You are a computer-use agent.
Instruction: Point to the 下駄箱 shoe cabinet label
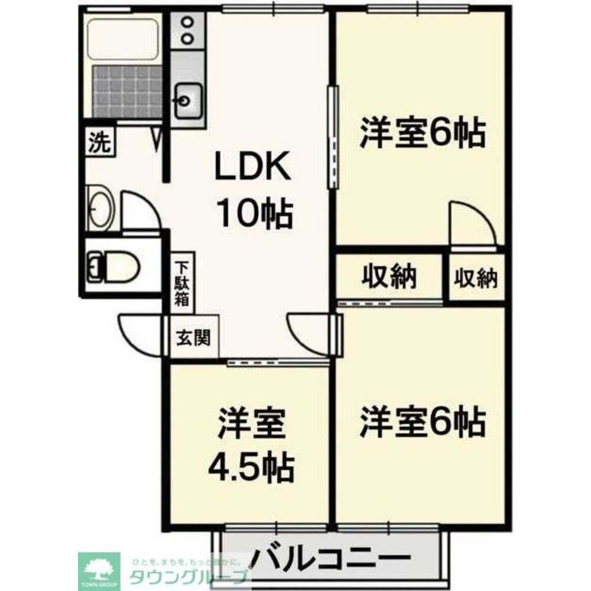click(x=182, y=283)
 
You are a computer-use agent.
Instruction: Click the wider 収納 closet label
click(x=389, y=277)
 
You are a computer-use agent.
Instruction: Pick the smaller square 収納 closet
click(x=476, y=278)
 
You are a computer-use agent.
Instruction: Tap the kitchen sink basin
click(x=188, y=100)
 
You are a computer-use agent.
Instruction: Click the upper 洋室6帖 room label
click(x=422, y=134)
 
